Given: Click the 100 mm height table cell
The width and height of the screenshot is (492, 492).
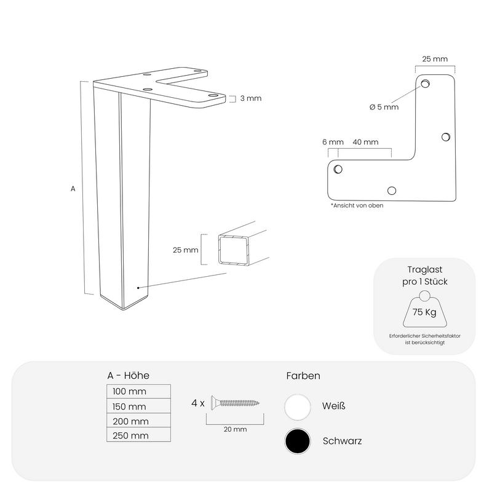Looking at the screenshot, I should pyautogui.click(x=138, y=392).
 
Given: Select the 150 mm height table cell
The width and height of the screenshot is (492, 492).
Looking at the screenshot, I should pyautogui.click(x=138, y=407).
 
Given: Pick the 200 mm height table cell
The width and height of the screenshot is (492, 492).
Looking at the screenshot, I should pyautogui.click(x=138, y=421).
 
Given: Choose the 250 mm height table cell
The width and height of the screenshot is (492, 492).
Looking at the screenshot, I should pyautogui.click(x=138, y=435).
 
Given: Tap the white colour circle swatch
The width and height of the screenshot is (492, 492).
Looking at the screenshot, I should pyautogui.click(x=298, y=407).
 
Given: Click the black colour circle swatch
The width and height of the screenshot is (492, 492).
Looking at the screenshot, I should pyautogui.click(x=298, y=441).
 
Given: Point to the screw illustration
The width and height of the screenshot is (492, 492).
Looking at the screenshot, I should pyautogui.click(x=235, y=403).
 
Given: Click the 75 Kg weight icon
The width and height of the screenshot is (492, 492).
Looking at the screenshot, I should pyautogui.click(x=424, y=311).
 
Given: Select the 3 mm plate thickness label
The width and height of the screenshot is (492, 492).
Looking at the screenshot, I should pyautogui.click(x=250, y=98).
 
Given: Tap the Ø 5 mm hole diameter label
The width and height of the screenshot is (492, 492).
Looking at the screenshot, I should pyautogui.click(x=384, y=107).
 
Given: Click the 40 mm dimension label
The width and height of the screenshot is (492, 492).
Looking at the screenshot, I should pyautogui.click(x=365, y=142).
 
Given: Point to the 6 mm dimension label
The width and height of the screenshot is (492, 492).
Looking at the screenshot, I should pyautogui.click(x=333, y=142).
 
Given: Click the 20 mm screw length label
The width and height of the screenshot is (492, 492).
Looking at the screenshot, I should pyautogui.click(x=235, y=429).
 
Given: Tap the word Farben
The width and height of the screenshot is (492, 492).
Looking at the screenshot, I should pyautogui.click(x=303, y=376).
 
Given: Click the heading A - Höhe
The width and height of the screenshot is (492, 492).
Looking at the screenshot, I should pyautogui.click(x=128, y=376).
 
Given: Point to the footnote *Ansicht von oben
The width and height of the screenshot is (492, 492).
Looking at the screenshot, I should pyautogui.click(x=357, y=205).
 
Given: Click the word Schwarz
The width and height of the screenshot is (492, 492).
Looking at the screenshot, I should pyautogui.click(x=342, y=441).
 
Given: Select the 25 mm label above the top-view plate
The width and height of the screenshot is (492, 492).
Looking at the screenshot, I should pyautogui.click(x=435, y=59).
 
